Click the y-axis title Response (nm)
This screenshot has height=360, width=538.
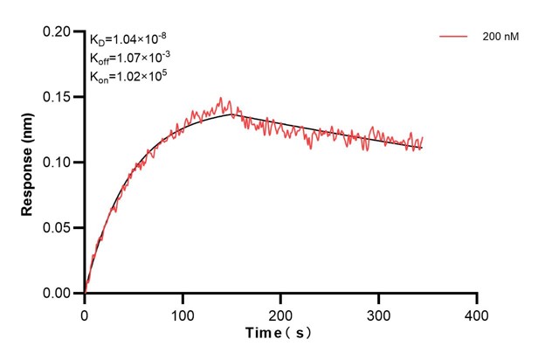pos(27,163)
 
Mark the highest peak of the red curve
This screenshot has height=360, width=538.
pos(221,98)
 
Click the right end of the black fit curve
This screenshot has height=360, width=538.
pos(423,148)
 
